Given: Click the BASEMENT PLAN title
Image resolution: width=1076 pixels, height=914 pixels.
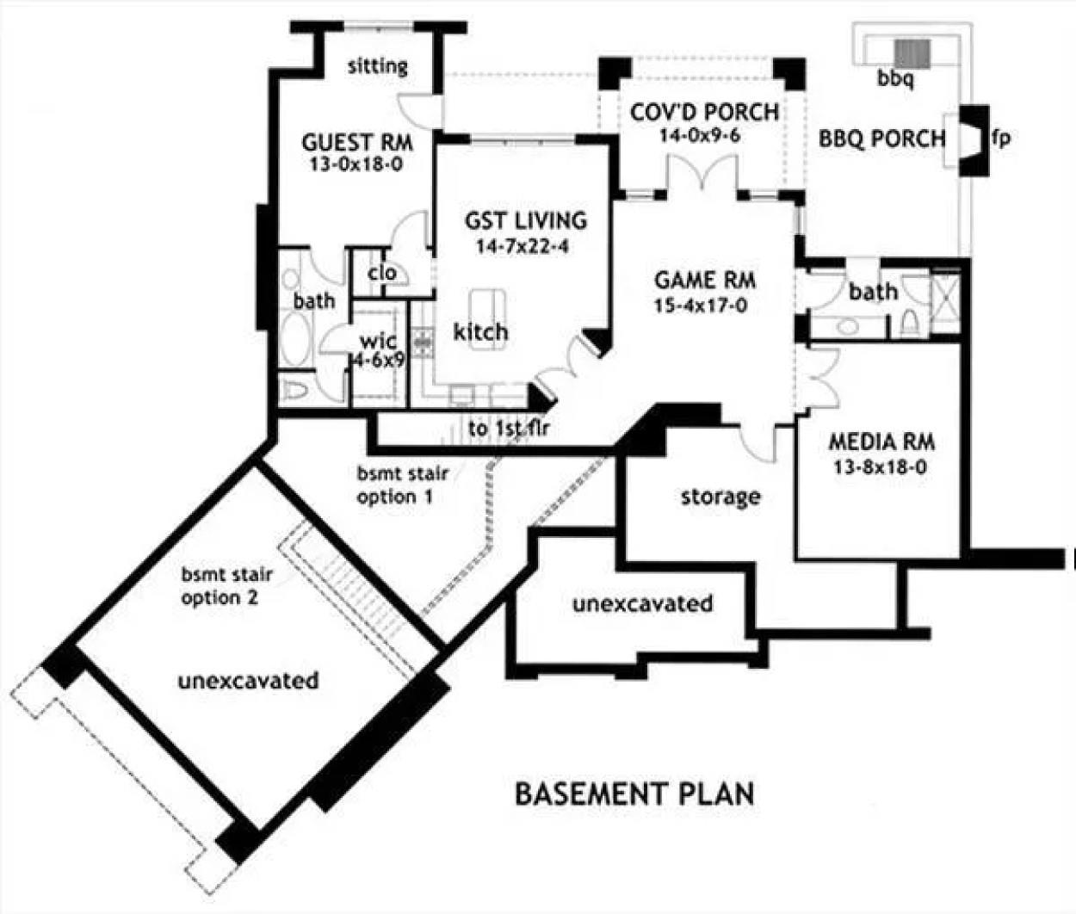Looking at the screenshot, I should tap(634, 793).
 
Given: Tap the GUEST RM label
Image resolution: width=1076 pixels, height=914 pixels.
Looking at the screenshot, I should tap(356, 142).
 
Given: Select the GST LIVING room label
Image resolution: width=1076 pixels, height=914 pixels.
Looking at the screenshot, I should tap(525, 220).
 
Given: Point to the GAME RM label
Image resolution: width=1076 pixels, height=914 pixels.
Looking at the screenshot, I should tap(705, 281).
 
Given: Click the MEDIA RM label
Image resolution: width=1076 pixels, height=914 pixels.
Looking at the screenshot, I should tap(881, 442).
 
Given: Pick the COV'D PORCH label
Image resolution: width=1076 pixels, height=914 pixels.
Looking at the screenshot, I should tap(704, 113).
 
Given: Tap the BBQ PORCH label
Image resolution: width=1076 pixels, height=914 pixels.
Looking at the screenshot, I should tap(881, 139).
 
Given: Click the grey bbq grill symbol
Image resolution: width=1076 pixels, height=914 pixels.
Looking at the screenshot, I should tap(912, 53).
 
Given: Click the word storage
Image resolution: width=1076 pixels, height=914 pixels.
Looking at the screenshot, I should tap(720, 497).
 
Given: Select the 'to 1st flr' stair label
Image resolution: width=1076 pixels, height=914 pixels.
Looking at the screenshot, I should tap(509, 428).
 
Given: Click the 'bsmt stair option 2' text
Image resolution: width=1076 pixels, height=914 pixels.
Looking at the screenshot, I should tap(220, 585).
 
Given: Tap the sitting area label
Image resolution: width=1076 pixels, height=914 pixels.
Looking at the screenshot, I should tap(377, 66).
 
